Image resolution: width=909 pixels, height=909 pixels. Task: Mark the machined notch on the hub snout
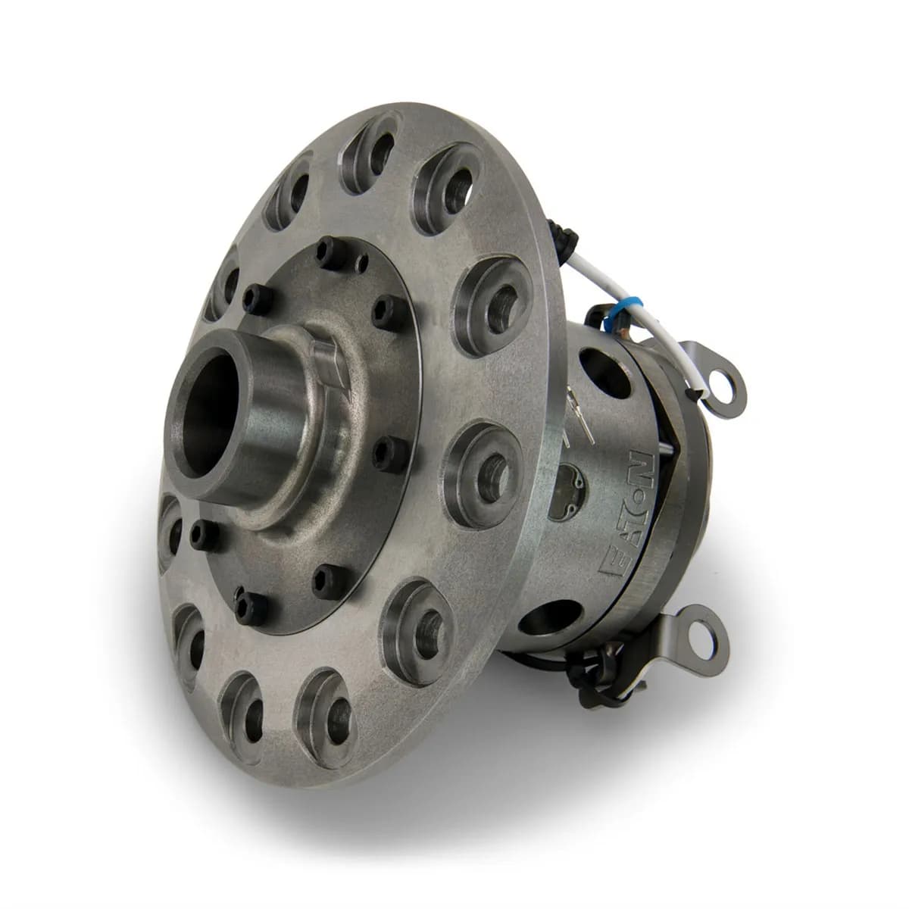click(x=327, y=364)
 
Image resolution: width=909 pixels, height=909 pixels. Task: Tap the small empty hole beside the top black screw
click(x=363, y=264)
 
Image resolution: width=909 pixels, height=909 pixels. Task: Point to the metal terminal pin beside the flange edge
click(x=570, y=410)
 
